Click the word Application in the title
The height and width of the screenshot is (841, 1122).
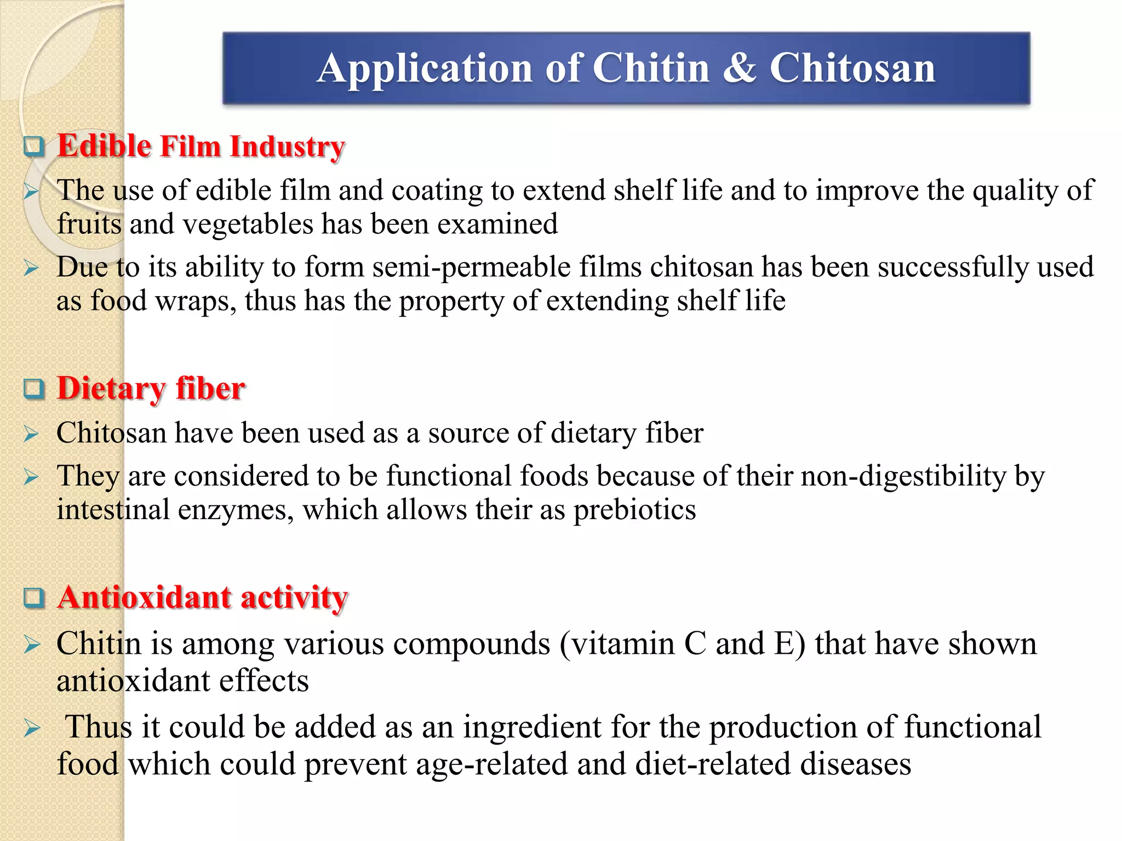[425, 68]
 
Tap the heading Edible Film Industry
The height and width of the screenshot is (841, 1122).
[201, 146]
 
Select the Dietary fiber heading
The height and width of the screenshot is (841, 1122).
[151, 389]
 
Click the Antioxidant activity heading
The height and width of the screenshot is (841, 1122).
[203, 597]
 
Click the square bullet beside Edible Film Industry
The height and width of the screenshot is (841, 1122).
[34, 146]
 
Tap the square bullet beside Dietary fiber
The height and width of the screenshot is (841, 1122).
[34, 389]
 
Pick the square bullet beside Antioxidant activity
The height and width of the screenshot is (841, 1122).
[34, 597]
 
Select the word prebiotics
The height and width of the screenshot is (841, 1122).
[634, 510]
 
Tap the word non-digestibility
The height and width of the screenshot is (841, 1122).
[903, 476]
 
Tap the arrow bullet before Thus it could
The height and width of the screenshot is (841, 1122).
[32, 728]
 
